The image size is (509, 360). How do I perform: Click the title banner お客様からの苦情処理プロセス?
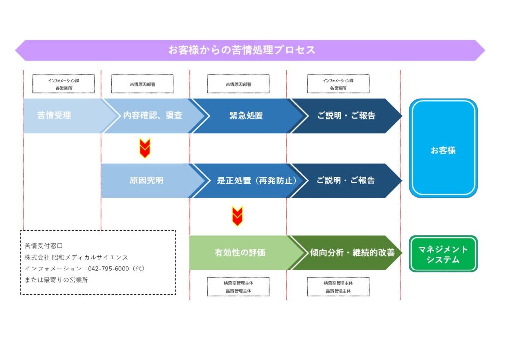pos(242,50)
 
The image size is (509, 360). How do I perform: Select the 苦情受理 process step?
pos(54,116)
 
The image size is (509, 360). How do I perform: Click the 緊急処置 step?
pos(246,116)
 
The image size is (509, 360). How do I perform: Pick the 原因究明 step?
pos(146,180)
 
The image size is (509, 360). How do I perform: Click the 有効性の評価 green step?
pos(240,253)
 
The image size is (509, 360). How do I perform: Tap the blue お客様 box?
pos(443,149)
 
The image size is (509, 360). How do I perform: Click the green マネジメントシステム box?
pos(443,254)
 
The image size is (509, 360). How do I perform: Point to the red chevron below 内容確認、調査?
pos(144,148)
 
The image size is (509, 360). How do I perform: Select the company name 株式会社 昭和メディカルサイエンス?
pos(77,257)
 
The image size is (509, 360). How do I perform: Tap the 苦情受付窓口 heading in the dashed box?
pos(44,246)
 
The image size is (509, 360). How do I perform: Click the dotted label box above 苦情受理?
pos(64,84)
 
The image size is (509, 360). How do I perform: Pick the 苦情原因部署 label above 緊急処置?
pos(238,84)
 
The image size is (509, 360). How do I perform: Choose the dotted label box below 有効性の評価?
pos(238,287)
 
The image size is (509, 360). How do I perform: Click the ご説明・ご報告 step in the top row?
pos(346,116)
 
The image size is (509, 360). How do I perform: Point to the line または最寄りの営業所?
pos(57,280)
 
